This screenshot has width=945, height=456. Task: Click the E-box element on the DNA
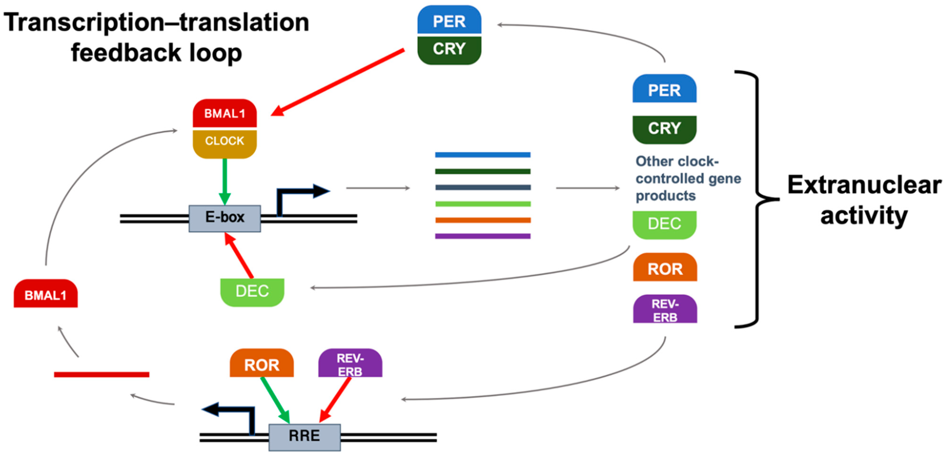225,219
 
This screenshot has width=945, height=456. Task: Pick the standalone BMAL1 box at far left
45,293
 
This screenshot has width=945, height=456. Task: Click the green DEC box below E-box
252,292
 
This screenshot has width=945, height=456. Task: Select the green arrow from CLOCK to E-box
225,182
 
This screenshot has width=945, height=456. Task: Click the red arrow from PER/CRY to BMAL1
337,82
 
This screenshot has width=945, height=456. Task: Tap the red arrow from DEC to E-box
239,255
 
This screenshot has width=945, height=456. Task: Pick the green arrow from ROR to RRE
275,400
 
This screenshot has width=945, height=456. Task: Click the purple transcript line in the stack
483,236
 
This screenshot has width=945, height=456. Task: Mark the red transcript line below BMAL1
102,374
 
